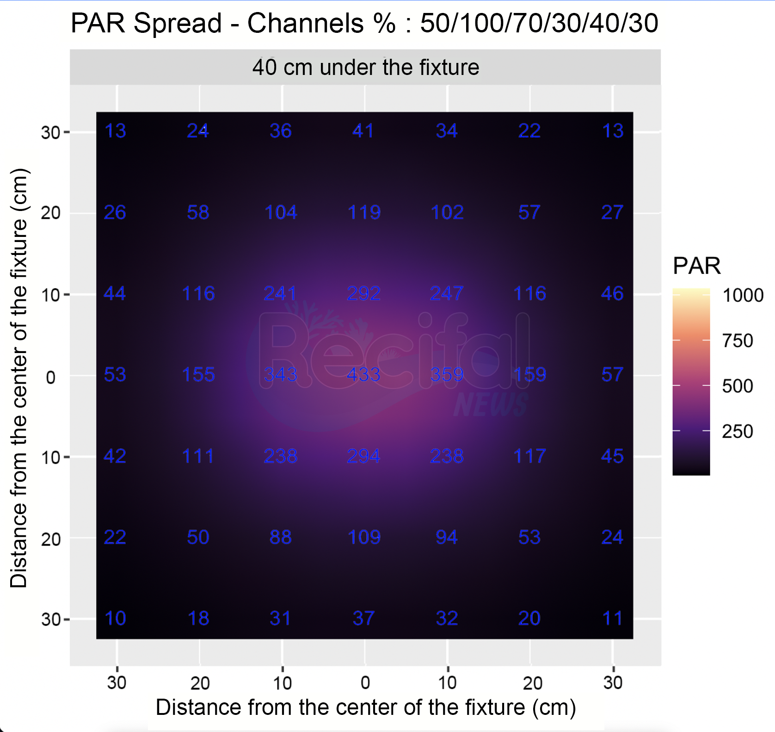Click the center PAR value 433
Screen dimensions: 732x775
(364, 375)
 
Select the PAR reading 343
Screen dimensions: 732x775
(281, 375)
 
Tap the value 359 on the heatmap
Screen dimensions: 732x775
(447, 375)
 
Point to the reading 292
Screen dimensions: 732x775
(364, 293)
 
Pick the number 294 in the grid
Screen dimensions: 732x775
(364, 456)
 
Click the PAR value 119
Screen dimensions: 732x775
(364, 212)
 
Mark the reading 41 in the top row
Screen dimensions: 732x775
(363, 131)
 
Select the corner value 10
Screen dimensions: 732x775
(115, 619)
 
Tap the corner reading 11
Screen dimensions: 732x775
(613, 619)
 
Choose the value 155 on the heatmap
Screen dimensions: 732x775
(198, 375)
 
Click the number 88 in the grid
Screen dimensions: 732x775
(281, 537)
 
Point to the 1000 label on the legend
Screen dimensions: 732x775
(743, 295)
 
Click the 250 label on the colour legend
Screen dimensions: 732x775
(738, 431)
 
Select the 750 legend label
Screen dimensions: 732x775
(738, 341)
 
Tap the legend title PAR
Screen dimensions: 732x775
(697, 266)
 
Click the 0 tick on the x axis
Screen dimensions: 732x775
(365, 682)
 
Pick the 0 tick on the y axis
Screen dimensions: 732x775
(51, 378)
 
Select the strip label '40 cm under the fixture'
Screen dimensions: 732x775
(365, 68)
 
